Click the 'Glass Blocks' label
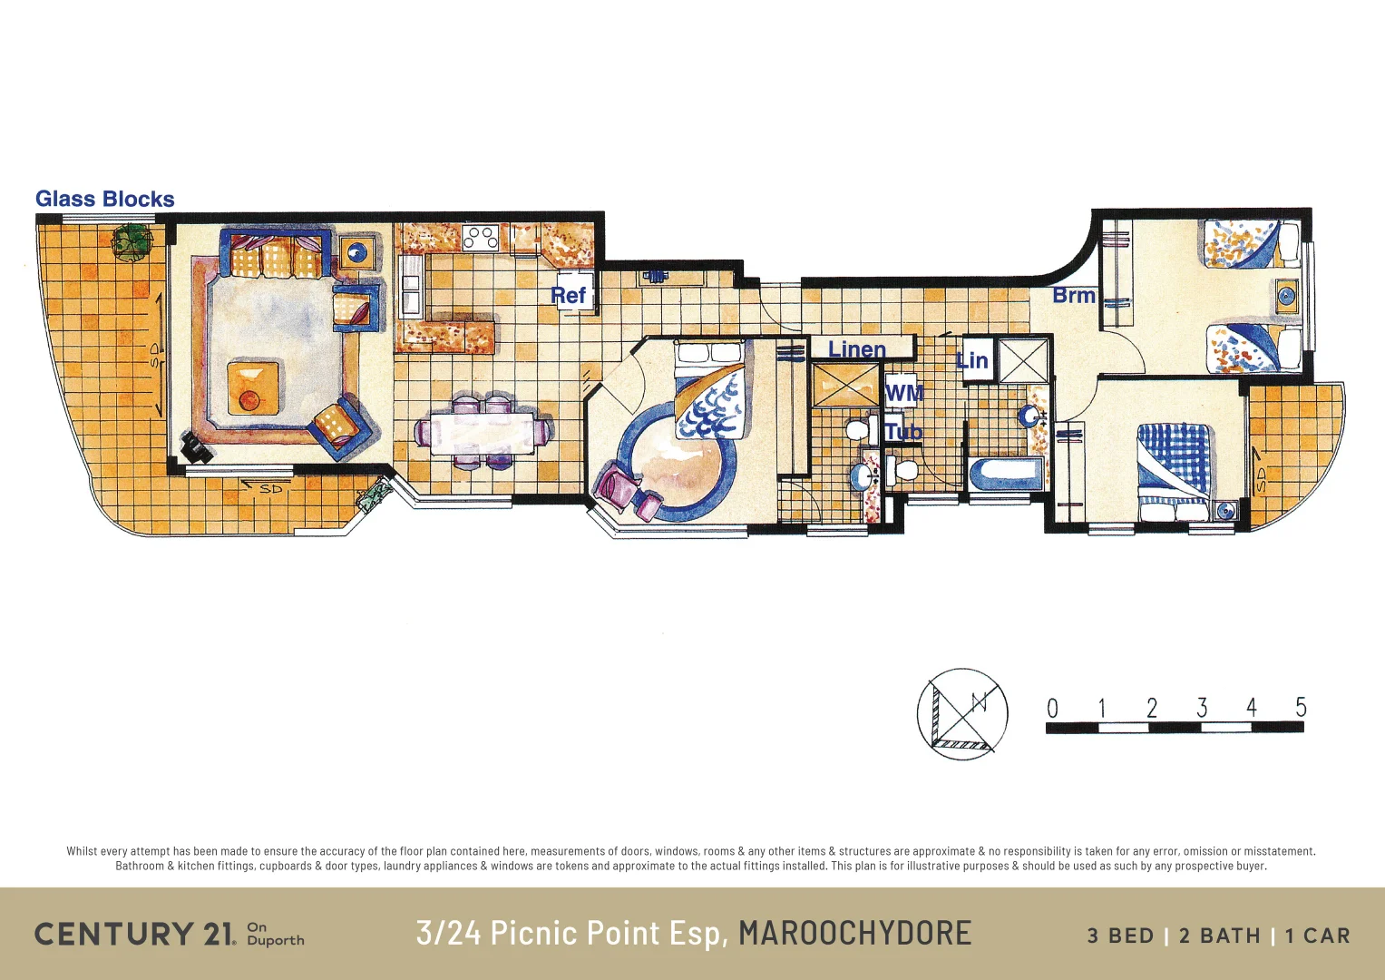point(104,200)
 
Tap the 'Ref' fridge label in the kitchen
point(569,296)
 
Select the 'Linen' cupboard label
point(856,349)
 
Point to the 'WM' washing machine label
point(903,393)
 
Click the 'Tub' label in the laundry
point(902,432)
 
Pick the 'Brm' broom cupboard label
point(1074,296)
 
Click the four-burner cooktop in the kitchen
point(480,238)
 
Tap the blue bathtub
point(1006,475)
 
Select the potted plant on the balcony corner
point(132,242)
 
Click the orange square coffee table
point(252,388)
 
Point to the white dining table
point(482,433)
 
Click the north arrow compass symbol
point(962,714)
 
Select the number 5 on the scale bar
point(1301,708)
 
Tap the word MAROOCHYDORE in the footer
point(854,934)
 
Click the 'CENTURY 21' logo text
point(134,934)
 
